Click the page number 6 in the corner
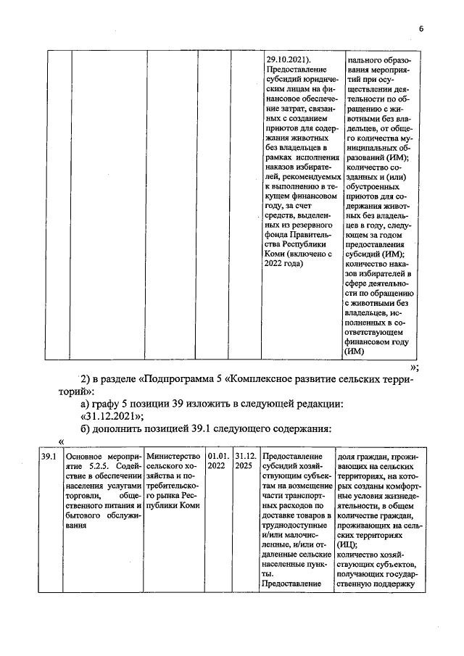(x=420, y=28)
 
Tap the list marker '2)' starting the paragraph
(x=88, y=380)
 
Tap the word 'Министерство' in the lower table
(x=173, y=457)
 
